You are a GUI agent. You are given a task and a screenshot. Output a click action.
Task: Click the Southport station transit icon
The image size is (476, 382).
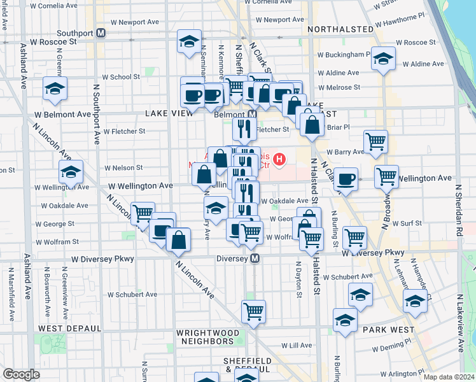coord(101,33)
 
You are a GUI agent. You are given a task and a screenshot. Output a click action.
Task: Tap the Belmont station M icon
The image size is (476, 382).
coord(252,115)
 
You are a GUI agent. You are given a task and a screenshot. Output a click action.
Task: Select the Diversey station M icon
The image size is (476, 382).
coord(255,258)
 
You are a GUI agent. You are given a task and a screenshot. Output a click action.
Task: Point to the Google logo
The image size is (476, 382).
coord(21,374)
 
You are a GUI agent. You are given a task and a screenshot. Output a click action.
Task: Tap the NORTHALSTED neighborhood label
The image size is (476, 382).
coord(340,29)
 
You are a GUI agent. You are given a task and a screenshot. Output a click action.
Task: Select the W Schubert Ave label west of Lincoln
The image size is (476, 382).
coord(132,295)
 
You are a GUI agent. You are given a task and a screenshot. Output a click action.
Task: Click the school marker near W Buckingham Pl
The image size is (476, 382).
coord(383,59)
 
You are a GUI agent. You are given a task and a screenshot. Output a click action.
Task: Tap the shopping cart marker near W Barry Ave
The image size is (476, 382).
coord(375,142)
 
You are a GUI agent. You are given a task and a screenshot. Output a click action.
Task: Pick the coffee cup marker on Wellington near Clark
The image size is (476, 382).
coord(346,179)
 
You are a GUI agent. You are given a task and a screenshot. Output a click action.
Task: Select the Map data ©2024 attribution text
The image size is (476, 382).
coord(449,377)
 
